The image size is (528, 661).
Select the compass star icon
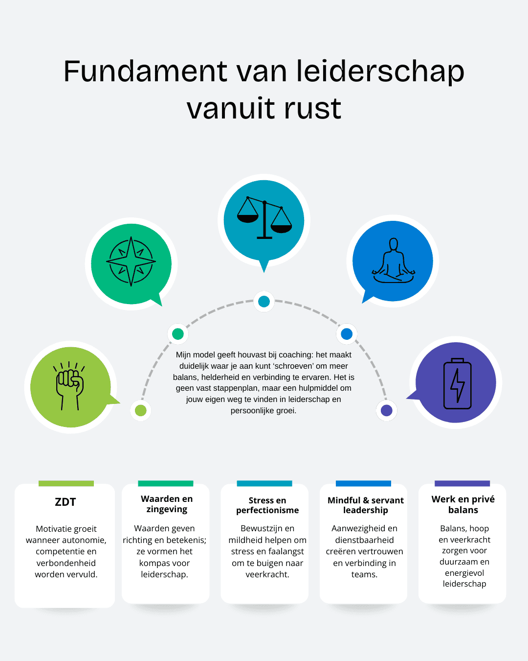click(x=131, y=261)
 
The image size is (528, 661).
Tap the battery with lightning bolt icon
click(x=457, y=383)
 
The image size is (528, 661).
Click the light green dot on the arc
click(x=141, y=410)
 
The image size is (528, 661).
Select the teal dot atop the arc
click(x=264, y=302)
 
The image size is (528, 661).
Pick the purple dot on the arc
click(x=387, y=410)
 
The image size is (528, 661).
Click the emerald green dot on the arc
click(x=178, y=334)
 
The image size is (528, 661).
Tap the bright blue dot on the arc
click(x=347, y=334)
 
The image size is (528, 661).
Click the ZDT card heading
click(x=66, y=502)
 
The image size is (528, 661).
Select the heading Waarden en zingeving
click(x=167, y=504)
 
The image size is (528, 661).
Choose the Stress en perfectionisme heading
click(x=267, y=505)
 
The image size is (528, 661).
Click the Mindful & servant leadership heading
click(x=366, y=505)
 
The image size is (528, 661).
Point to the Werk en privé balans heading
click(x=463, y=504)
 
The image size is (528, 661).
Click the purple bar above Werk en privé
click(x=462, y=483)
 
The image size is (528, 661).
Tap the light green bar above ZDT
click(x=66, y=483)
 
